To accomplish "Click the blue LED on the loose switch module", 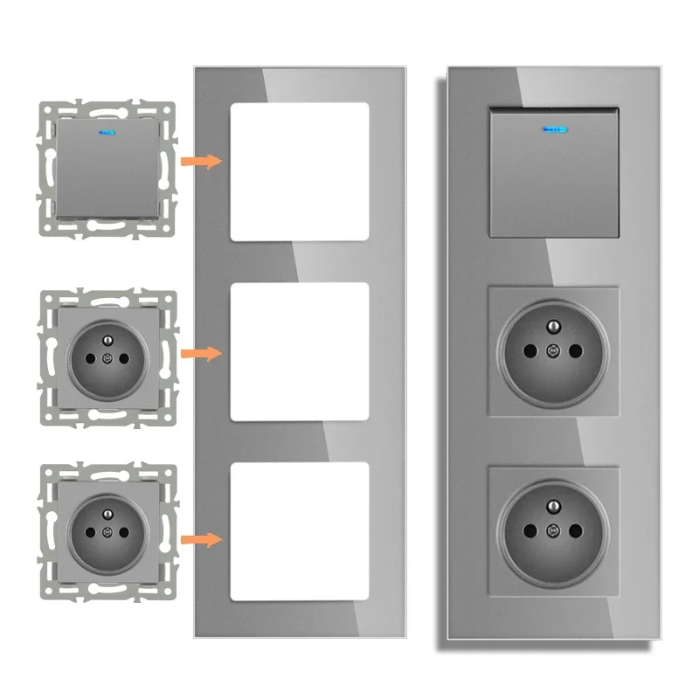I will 108,134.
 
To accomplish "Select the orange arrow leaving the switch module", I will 199,161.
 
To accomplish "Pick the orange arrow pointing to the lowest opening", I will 199,539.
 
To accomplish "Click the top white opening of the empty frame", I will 300,171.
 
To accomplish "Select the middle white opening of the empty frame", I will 300,353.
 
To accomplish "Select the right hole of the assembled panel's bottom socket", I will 577,530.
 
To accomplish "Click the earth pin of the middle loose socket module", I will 107,340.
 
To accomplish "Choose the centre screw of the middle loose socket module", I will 107,358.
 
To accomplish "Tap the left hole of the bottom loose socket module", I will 89,532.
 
